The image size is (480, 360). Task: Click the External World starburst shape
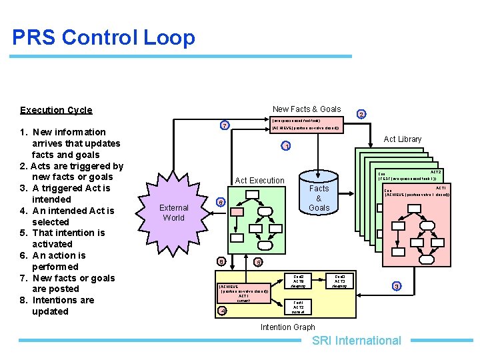pyautogui.click(x=174, y=213)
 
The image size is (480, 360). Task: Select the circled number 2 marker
pyautogui.click(x=361, y=114)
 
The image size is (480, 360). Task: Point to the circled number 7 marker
pyautogui.click(x=225, y=125)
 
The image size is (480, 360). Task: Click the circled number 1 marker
pyautogui.click(x=285, y=147)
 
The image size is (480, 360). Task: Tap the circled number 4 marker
pyautogui.click(x=223, y=310)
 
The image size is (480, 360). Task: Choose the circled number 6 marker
pyautogui.click(x=221, y=202)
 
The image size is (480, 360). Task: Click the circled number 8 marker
pyautogui.click(x=221, y=261)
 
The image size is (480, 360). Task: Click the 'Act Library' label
pyautogui.click(x=403, y=139)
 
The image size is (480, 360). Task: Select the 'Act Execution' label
pyautogui.click(x=260, y=181)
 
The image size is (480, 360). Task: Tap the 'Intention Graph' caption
pyautogui.click(x=287, y=327)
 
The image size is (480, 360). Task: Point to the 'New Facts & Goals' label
pyautogui.click(x=307, y=109)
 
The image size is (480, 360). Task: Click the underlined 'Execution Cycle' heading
pyautogui.click(x=56, y=110)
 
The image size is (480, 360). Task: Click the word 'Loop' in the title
pyautogui.click(x=169, y=37)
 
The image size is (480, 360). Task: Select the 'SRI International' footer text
pyautogui.click(x=357, y=341)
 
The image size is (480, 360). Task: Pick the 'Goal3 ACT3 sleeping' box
pyautogui.click(x=339, y=281)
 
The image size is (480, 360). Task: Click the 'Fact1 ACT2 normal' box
pyautogui.click(x=298, y=307)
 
